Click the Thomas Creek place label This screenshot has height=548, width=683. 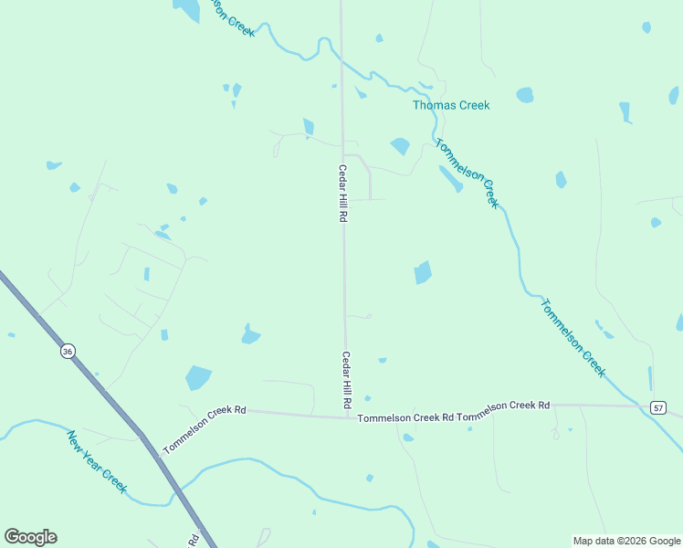pyautogui.click(x=451, y=105)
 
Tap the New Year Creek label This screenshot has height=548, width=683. pyautogui.click(x=96, y=462)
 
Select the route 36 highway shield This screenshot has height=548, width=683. pyautogui.click(x=68, y=352)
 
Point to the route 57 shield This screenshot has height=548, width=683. pyautogui.click(x=658, y=407)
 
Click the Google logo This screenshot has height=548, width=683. pyautogui.click(x=30, y=537)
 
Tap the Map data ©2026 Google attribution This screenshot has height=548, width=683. pyautogui.click(x=626, y=541)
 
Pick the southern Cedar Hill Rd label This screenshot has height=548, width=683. pyautogui.click(x=347, y=379)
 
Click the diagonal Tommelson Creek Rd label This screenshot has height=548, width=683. pyautogui.click(x=205, y=430)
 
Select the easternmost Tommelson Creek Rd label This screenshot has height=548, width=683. pyautogui.click(x=504, y=406)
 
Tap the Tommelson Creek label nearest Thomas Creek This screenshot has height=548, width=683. pyautogui.click(x=468, y=173)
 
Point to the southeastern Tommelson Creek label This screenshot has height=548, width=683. pyautogui.click(x=573, y=336)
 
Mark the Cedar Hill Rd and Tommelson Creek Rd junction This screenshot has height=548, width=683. pyautogui.click(x=348, y=417)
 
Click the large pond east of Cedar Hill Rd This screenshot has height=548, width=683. pyautogui.click(x=422, y=272)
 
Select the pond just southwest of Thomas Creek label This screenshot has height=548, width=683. pyautogui.click(x=400, y=145)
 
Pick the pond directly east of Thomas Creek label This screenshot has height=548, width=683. pyautogui.click(x=524, y=95)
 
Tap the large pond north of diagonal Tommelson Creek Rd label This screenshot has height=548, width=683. pyautogui.click(x=198, y=377)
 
